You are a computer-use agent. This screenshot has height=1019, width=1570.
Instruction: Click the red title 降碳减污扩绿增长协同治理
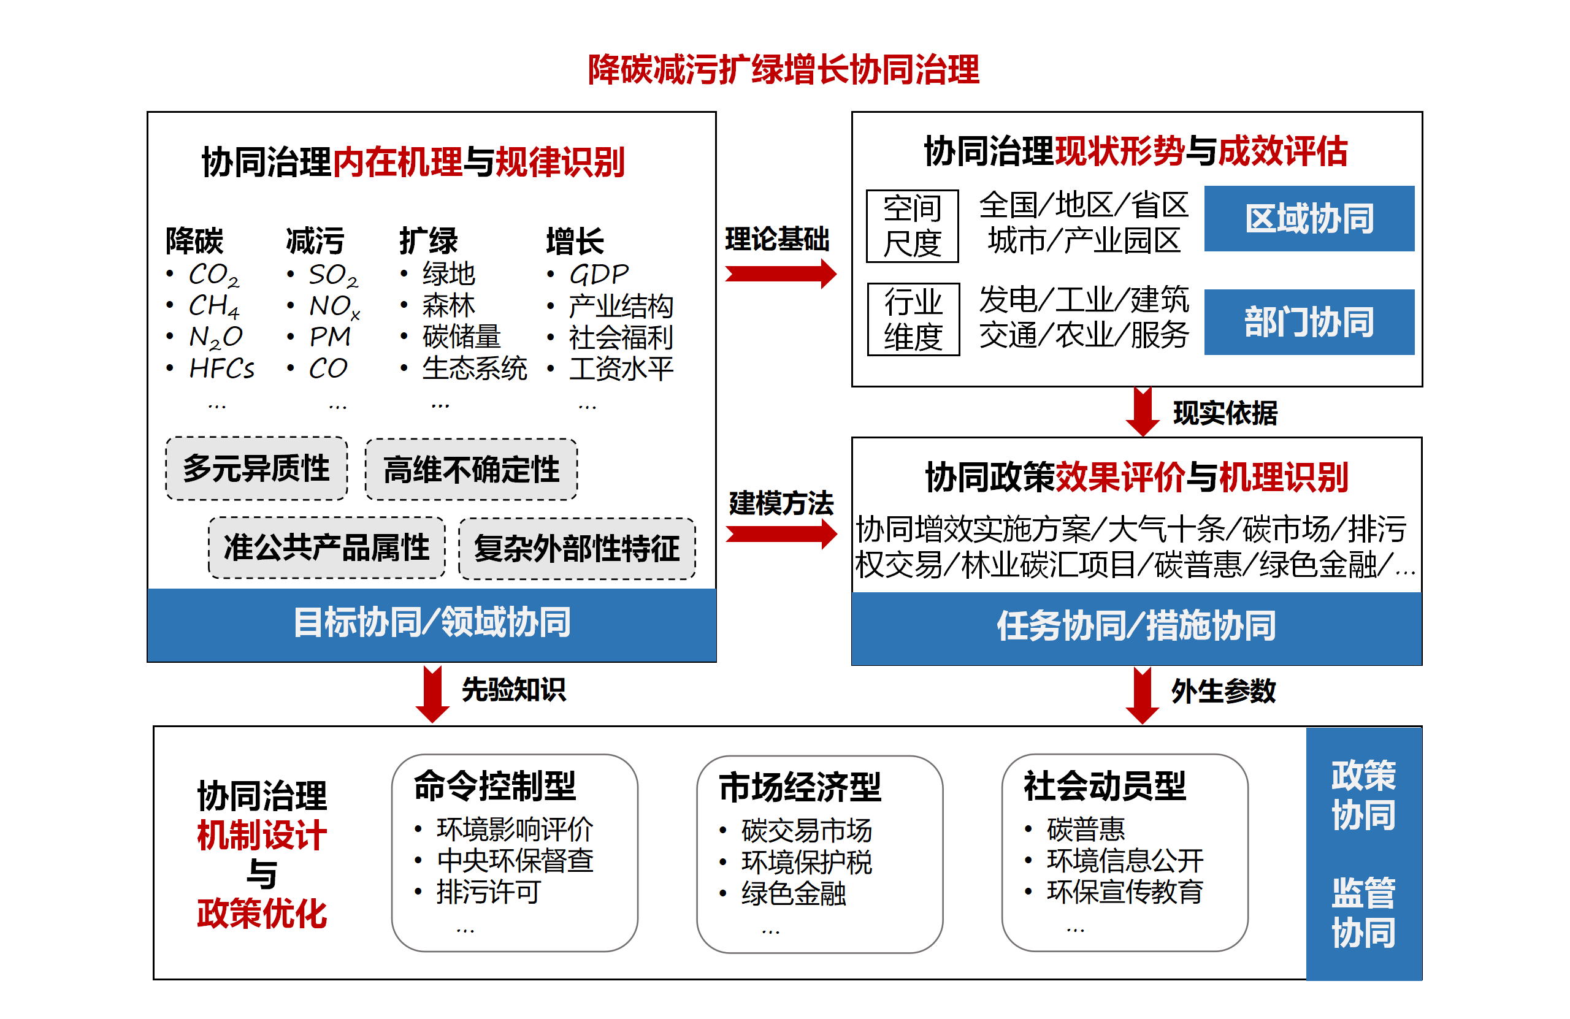click(x=783, y=69)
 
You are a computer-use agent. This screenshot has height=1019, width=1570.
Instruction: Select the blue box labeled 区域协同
click(x=1309, y=218)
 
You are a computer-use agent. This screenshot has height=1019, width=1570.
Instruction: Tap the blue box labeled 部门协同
click(x=1309, y=322)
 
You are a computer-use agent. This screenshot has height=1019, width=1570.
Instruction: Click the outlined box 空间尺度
click(x=912, y=226)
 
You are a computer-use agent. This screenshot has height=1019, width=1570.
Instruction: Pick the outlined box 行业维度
click(x=913, y=319)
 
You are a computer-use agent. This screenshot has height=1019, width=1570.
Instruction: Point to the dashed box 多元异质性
click(x=256, y=468)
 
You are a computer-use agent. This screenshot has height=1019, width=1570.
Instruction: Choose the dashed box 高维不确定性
click(x=471, y=470)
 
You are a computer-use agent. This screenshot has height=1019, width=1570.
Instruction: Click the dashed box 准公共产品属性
click(x=326, y=548)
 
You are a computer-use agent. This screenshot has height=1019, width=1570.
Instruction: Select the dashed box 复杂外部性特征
click(x=576, y=549)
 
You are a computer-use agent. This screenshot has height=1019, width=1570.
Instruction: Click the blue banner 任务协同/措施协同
click(x=1136, y=627)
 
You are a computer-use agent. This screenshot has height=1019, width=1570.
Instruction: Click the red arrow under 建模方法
click(x=780, y=533)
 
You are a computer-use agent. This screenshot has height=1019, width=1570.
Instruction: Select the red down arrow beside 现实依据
click(x=1142, y=412)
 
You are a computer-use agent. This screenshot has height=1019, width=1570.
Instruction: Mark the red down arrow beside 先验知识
click(x=432, y=694)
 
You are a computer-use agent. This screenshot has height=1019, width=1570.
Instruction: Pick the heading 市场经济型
click(x=800, y=787)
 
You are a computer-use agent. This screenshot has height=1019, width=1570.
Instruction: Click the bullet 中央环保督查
click(x=515, y=861)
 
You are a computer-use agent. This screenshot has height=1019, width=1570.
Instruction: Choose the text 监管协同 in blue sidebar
click(x=1363, y=913)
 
